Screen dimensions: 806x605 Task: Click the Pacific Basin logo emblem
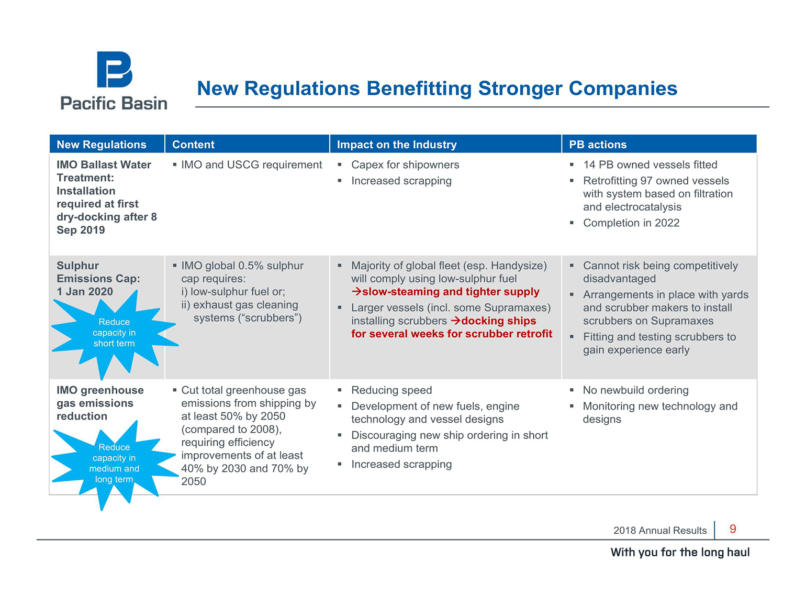coord(114,70)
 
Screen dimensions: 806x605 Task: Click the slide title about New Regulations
coord(437,89)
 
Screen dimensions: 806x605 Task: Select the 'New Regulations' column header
coord(102,145)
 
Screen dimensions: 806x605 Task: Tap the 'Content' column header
coord(193,145)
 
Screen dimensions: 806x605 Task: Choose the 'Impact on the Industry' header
coord(397,145)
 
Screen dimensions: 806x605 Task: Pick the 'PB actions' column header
coord(597,145)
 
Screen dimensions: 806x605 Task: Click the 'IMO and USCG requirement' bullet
coord(252,164)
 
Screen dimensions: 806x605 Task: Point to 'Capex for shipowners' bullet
coord(405,164)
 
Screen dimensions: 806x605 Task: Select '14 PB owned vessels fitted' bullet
coord(650,164)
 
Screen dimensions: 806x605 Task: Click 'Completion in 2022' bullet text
coord(631,223)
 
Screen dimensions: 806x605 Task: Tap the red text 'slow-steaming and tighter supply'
coord(451,292)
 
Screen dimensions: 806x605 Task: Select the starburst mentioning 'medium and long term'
coord(114,464)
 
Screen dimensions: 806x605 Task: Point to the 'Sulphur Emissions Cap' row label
coord(98,279)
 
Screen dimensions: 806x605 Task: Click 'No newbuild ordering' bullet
coord(635,390)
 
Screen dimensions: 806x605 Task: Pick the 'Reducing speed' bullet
coord(391,390)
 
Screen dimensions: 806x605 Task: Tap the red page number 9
coord(733,529)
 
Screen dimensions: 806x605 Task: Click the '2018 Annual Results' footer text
coord(660,531)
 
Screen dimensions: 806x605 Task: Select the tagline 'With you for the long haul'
coord(680,552)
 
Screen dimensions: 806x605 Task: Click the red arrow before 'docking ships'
coord(455,321)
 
